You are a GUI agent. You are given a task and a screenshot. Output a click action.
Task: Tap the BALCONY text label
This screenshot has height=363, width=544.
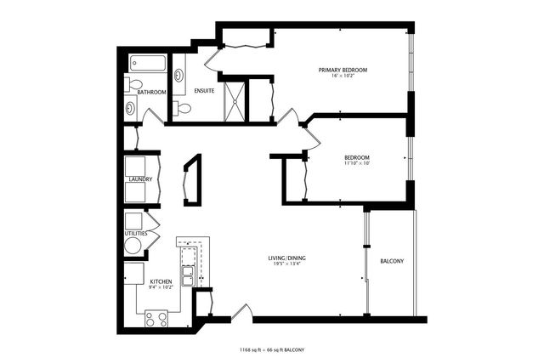click(391, 261)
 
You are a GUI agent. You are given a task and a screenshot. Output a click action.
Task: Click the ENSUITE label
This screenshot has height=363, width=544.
click(203, 91)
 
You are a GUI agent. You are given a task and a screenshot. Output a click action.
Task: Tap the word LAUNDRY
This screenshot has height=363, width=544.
click(140, 179)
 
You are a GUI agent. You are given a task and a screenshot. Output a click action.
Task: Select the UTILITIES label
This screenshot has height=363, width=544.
click(136, 233)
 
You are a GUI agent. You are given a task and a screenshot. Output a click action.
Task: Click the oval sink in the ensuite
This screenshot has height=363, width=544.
click(179, 76)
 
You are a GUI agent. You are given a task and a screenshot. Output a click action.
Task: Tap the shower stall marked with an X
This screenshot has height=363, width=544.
click(233, 100)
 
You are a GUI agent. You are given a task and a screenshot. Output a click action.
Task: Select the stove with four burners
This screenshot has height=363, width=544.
click(156, 319)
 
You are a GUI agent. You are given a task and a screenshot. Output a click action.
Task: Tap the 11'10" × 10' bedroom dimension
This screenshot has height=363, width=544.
click(357, 164)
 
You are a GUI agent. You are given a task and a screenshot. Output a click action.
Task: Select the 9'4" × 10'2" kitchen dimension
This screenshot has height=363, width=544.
click(161, 287)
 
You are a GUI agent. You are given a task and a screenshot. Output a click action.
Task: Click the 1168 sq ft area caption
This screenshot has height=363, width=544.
click(272, 349)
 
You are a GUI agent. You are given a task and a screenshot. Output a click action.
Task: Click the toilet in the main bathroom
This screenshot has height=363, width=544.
click(134, 83)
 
